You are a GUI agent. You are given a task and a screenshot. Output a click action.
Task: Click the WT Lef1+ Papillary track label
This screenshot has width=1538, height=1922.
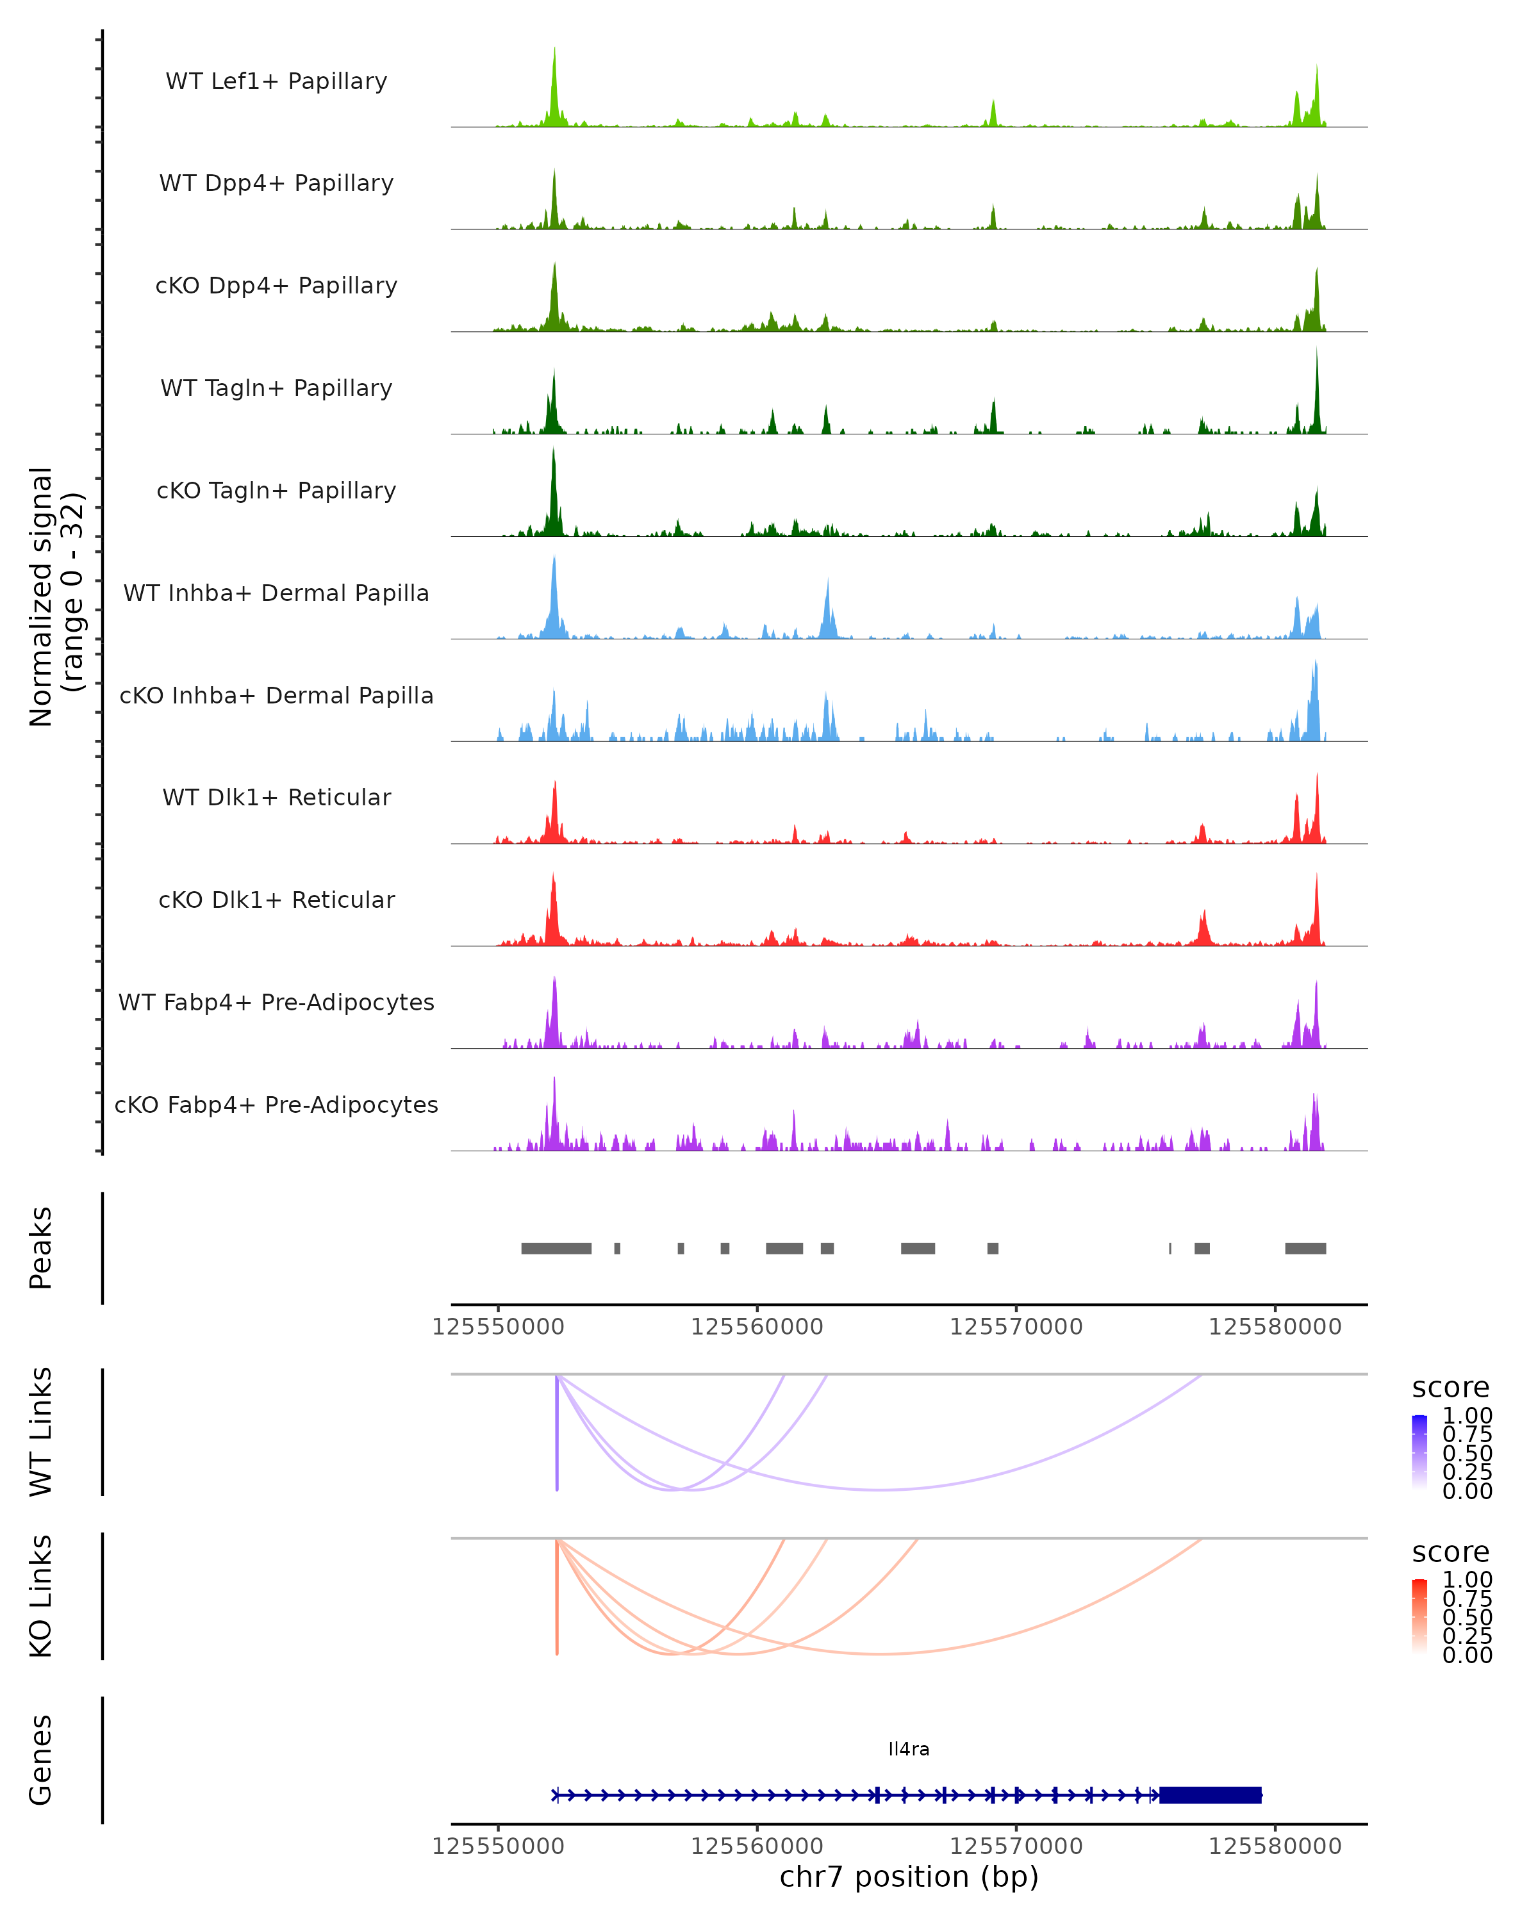pyautogui.click(x=276, y=81)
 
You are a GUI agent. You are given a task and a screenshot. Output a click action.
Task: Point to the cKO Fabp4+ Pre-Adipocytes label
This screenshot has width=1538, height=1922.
pyautogui.click(x=276, y=1105)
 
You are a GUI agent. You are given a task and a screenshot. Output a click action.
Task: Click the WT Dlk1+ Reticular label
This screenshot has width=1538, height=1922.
pyautogui.click(x=276, y=797)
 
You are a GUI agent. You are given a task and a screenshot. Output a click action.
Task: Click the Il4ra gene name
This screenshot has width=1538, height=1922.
pyautogui.click(x=909, y=1749)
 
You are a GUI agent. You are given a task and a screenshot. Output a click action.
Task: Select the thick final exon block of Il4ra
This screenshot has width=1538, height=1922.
pyautogui.click(x=1210, y=1795)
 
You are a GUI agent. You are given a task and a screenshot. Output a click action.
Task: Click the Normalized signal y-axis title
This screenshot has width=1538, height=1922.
pyautogui.click(x=55, y=596)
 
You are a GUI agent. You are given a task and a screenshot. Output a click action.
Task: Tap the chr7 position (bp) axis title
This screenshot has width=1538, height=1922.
pyautogui.click(x=909, y=1877)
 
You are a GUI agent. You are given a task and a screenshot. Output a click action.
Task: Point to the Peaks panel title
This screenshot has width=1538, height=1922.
pyautogui.click(x=41, y=1248)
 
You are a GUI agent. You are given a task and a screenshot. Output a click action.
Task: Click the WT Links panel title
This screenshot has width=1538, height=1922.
pyautogui.click(x=41, y=1432)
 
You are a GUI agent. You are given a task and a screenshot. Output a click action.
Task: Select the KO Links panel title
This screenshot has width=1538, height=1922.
pyautogui.click(x=41, y=1596)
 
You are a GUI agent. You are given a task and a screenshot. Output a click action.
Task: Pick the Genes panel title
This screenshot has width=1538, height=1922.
pyautogui.click(x=41, y=1760)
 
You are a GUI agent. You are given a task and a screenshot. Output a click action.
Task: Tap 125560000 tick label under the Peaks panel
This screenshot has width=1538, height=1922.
pyautogui.click(x=757, y=1327)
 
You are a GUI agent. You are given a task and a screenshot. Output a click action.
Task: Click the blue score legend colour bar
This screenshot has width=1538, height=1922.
pyautogui.click(x=1419, y=1452)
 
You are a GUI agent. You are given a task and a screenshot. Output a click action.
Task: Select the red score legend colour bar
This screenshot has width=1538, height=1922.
pyautogui.click(x=1419, y=1616)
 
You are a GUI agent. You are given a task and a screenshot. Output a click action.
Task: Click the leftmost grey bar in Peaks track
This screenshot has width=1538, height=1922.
pyautogui.click(x=556, y=1248)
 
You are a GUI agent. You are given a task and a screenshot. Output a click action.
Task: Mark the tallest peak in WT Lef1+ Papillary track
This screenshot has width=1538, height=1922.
pyautogui.click(x=554, y=53)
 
